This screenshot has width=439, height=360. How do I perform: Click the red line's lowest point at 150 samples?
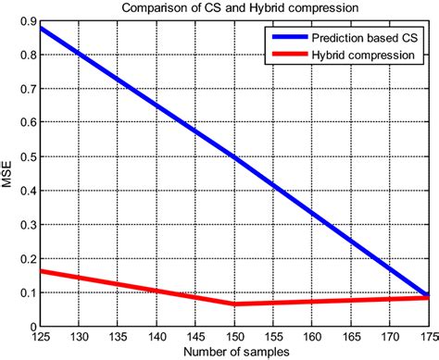tap(235, 304)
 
